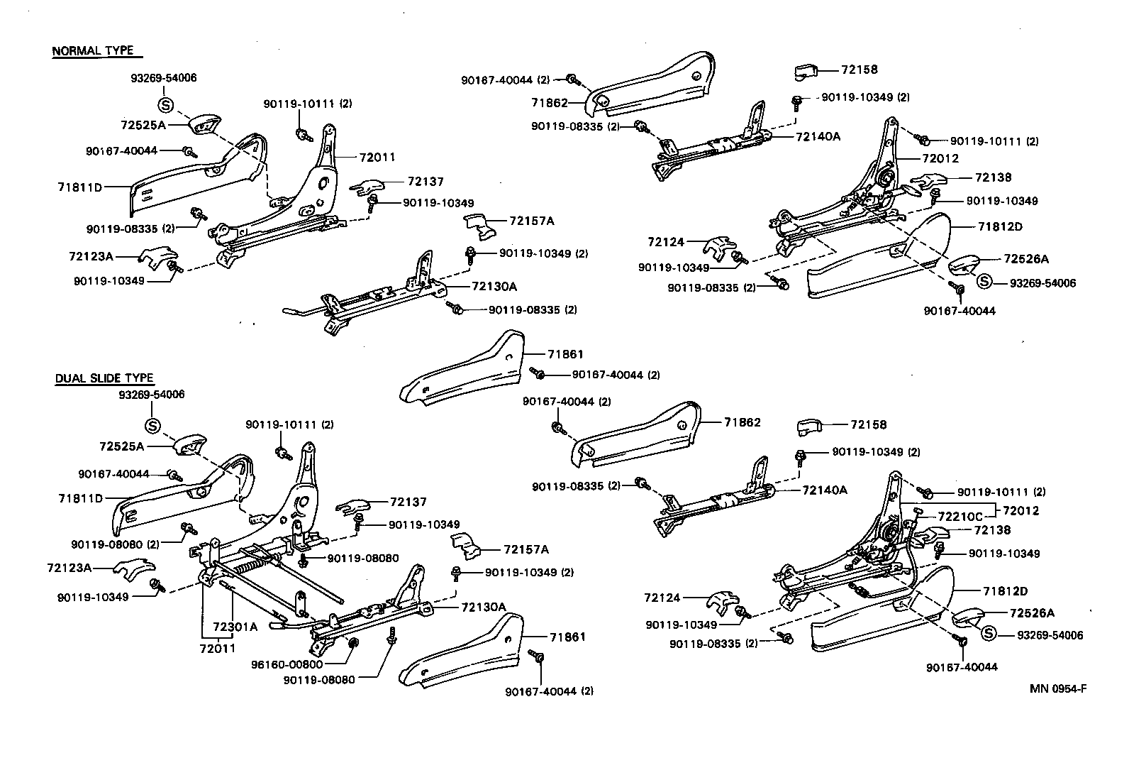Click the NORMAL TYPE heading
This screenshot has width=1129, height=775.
93,51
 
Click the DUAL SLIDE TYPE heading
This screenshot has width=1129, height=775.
104,379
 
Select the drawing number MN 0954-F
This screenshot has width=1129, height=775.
1058,688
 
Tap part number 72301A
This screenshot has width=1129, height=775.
235,627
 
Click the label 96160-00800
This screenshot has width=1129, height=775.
287,664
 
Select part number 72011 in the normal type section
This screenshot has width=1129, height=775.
377,158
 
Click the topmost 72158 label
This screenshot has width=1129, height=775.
860,70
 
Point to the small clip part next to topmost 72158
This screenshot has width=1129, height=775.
806,71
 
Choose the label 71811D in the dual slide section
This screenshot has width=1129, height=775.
80,498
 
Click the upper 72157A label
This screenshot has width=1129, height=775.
531,221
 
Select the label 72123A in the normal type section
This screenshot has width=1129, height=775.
91,255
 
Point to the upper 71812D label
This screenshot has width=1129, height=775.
1001,226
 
